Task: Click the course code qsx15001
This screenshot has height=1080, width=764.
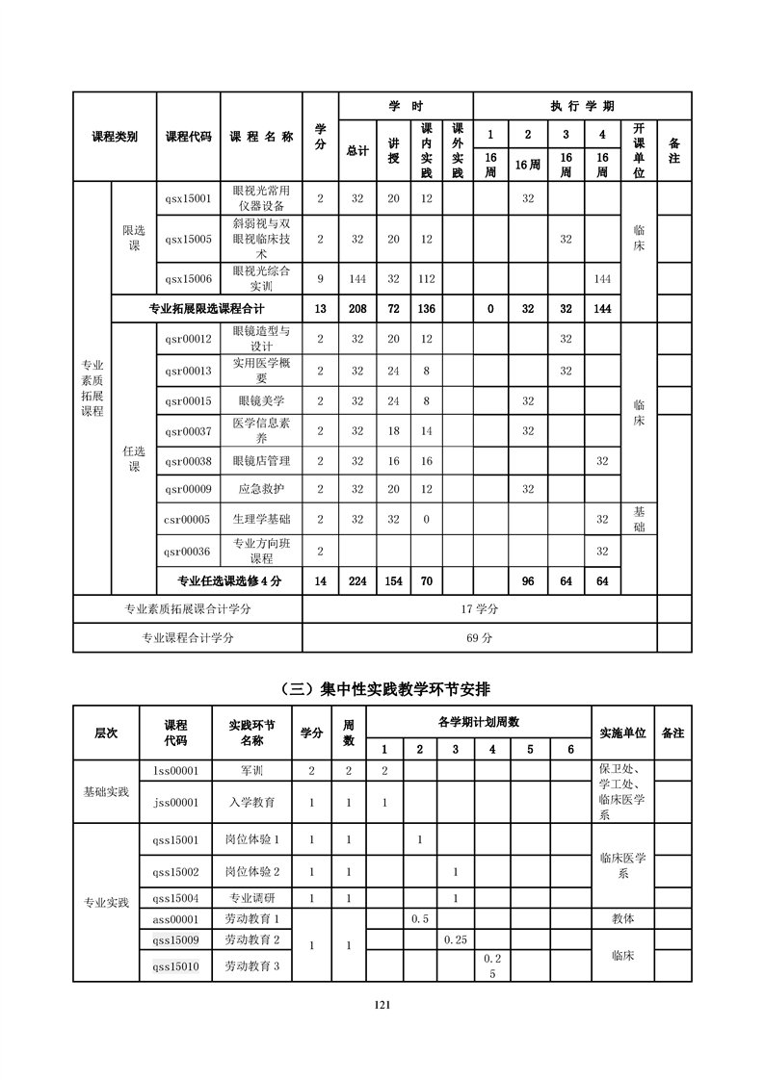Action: [x=188, y=198]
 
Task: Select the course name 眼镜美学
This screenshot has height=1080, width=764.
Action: [x=261, y=400]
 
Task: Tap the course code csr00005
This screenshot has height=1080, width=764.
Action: [x=188, y=519]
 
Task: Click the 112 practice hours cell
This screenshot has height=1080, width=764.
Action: [x=427, y=278]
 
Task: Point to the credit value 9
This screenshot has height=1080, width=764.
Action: [x=320, y=278]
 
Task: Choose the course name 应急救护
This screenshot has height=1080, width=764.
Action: [x=261, y=489]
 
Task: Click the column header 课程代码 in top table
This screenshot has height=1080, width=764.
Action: [x=188, y=137]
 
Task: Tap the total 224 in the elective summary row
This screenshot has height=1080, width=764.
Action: [x=357, y=580]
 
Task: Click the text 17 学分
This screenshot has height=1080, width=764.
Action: [x=479, y=609]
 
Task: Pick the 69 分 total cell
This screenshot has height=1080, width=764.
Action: [x=479, y=637]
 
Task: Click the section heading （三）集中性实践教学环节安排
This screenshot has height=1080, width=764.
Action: [x=382, y=688]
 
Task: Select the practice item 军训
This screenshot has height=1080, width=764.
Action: [x=253, y=770]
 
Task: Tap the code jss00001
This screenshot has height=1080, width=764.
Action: [x=176, y=802]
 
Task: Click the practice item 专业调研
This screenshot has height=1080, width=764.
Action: [x=252, y=898]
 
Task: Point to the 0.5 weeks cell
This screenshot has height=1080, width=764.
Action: [x=420, y=918]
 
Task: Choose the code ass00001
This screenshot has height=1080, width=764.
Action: [x=176, y=918]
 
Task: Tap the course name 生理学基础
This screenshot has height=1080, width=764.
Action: [x=261, y=519]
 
